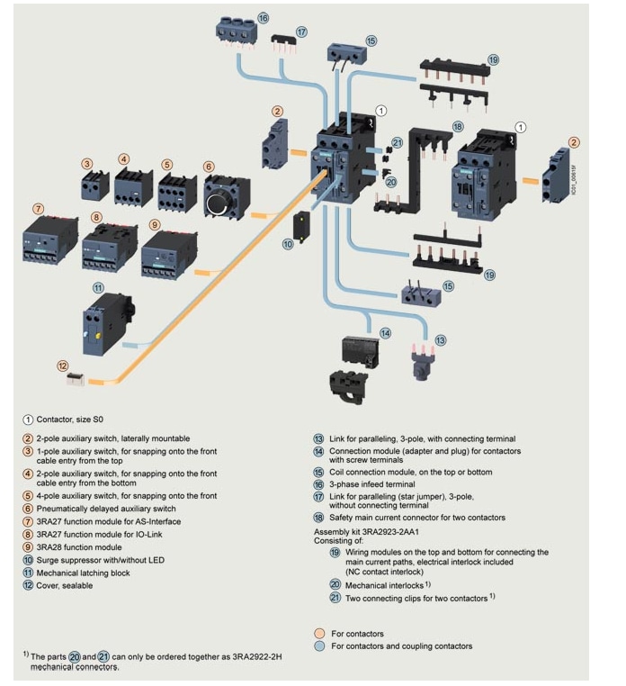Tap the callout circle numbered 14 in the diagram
(x=385, y=333)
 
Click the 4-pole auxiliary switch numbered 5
(x=177, y=191)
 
